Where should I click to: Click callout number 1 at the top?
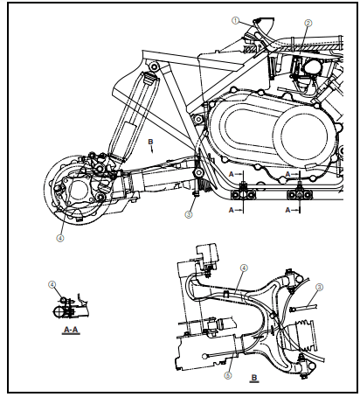(x=235, y=19)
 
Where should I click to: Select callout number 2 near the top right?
(x=308, y=24)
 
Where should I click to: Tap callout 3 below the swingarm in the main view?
(x=188, y=213)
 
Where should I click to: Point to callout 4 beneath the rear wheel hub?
(x=60, y=236)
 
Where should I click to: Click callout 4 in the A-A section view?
(x=52, y=284)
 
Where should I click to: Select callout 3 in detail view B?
(x=319, y=287)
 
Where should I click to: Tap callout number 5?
(x=228, y=375)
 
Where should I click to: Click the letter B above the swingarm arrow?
(x=150, y=140)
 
